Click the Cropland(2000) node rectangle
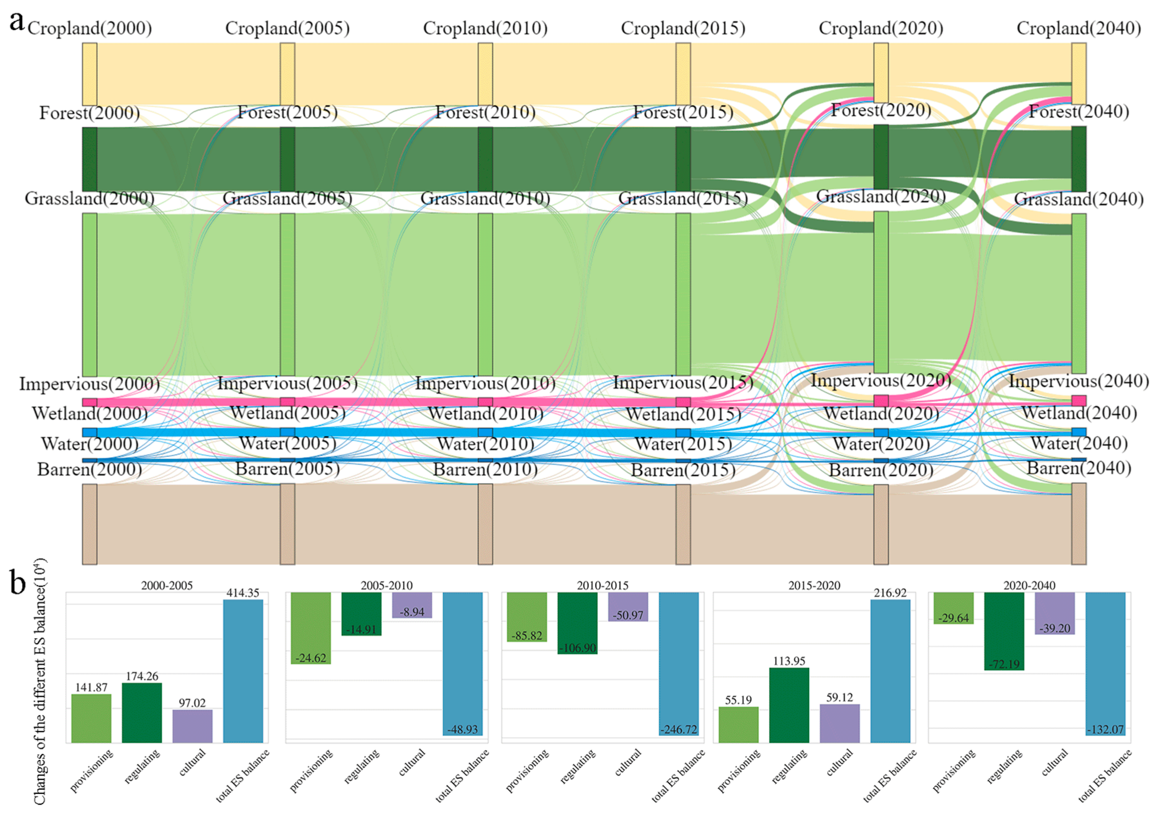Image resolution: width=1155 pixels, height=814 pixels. pos(89,74)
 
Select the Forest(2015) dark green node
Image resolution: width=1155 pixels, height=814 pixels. pos(682,159)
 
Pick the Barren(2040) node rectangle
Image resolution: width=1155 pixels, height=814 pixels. pos(1079,524)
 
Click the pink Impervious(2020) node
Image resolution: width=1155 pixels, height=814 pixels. pos(881,401)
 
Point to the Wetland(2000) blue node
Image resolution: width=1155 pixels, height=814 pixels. pos(89,432)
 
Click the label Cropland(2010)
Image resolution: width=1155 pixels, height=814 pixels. pos(485,28)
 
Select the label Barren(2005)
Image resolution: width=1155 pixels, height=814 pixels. pos(287,469)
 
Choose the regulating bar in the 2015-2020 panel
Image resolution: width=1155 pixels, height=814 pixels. pos(789,705)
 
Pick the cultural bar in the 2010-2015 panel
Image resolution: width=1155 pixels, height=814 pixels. pos(628,607)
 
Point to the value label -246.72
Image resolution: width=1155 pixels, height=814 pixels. pos(679,729)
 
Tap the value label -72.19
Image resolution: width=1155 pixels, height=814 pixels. pos(1004,664)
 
